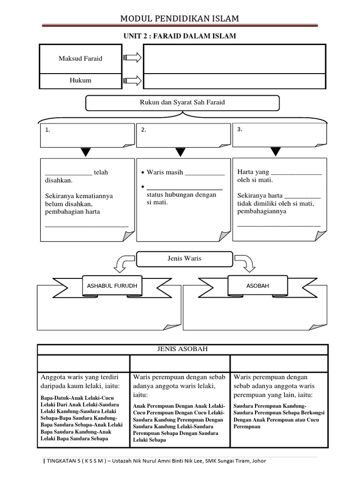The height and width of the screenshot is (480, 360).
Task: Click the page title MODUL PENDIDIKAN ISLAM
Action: (180, 19)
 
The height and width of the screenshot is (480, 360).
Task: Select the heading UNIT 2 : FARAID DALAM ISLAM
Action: (180, 36)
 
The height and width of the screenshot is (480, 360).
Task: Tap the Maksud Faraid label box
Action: (80, 59)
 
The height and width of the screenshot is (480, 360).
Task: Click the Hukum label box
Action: (80, 81)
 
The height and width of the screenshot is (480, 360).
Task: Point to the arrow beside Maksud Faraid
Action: (132, 58)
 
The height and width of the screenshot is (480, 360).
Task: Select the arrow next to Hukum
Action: (132, 81)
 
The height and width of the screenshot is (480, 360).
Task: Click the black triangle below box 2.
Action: (180, 152)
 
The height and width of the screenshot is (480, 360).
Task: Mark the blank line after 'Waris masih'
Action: (205, 172)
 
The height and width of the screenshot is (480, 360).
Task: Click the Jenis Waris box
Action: (184, 258)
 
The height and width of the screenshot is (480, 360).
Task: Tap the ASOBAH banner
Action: (257, 285)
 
